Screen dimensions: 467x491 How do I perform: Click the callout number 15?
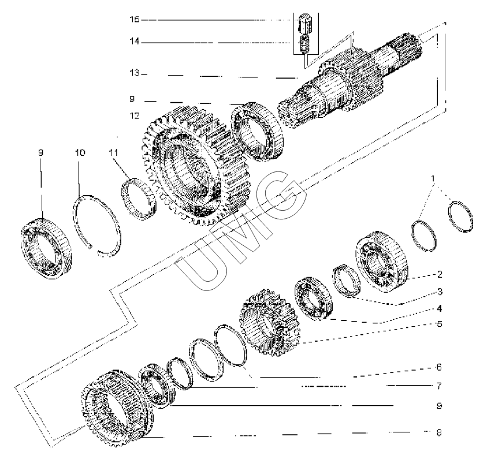click(x=134, y=20)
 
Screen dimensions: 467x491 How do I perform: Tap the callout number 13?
click(x=134, y=74)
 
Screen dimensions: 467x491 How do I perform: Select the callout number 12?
click(x=134, y=116)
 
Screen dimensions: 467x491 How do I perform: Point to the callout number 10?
click(x=79, y=154)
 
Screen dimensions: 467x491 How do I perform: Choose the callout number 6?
click(x=440, y=367)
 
